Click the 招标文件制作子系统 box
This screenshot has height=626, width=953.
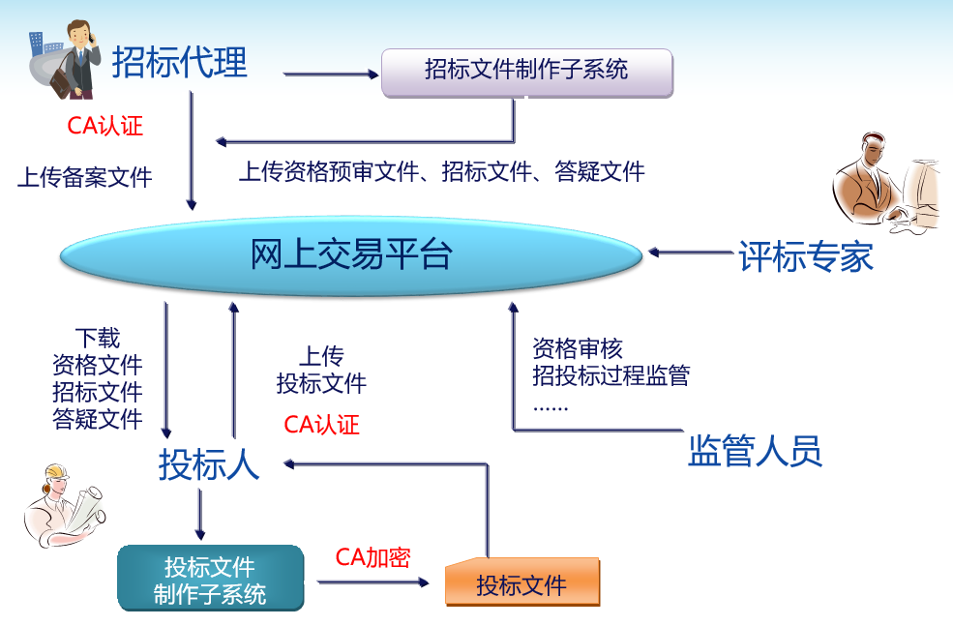click(x=527, y=73)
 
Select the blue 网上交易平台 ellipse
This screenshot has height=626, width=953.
click(x=350, y=255)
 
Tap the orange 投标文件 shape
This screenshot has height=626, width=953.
click(x=522, y=582)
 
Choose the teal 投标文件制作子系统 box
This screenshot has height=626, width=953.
click(x=210, y=578)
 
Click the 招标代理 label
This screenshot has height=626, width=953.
click(x=179, y=62)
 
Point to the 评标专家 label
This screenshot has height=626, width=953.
click(x=806, y=255)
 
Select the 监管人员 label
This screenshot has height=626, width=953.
click(x=755, y=450)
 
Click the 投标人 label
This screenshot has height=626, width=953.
click(x=209, y=464)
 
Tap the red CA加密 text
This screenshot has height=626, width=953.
click(x=372, y=557)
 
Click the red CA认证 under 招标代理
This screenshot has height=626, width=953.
click(x=104, y=126)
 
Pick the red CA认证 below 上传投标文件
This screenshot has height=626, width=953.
click(x=321, y=424)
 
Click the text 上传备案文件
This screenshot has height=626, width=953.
click(x=84, y=177)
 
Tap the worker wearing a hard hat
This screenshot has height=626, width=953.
click(x=64, y=506)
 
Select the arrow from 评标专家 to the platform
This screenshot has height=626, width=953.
click(x=691, y=253)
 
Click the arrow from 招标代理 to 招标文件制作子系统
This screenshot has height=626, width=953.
click(x=331, y=75)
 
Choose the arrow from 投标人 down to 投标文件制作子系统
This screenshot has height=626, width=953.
click(x=200, y=515)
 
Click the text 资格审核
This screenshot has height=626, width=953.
click(x=578, y=348)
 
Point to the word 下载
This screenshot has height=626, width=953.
click(x=98, y=338)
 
